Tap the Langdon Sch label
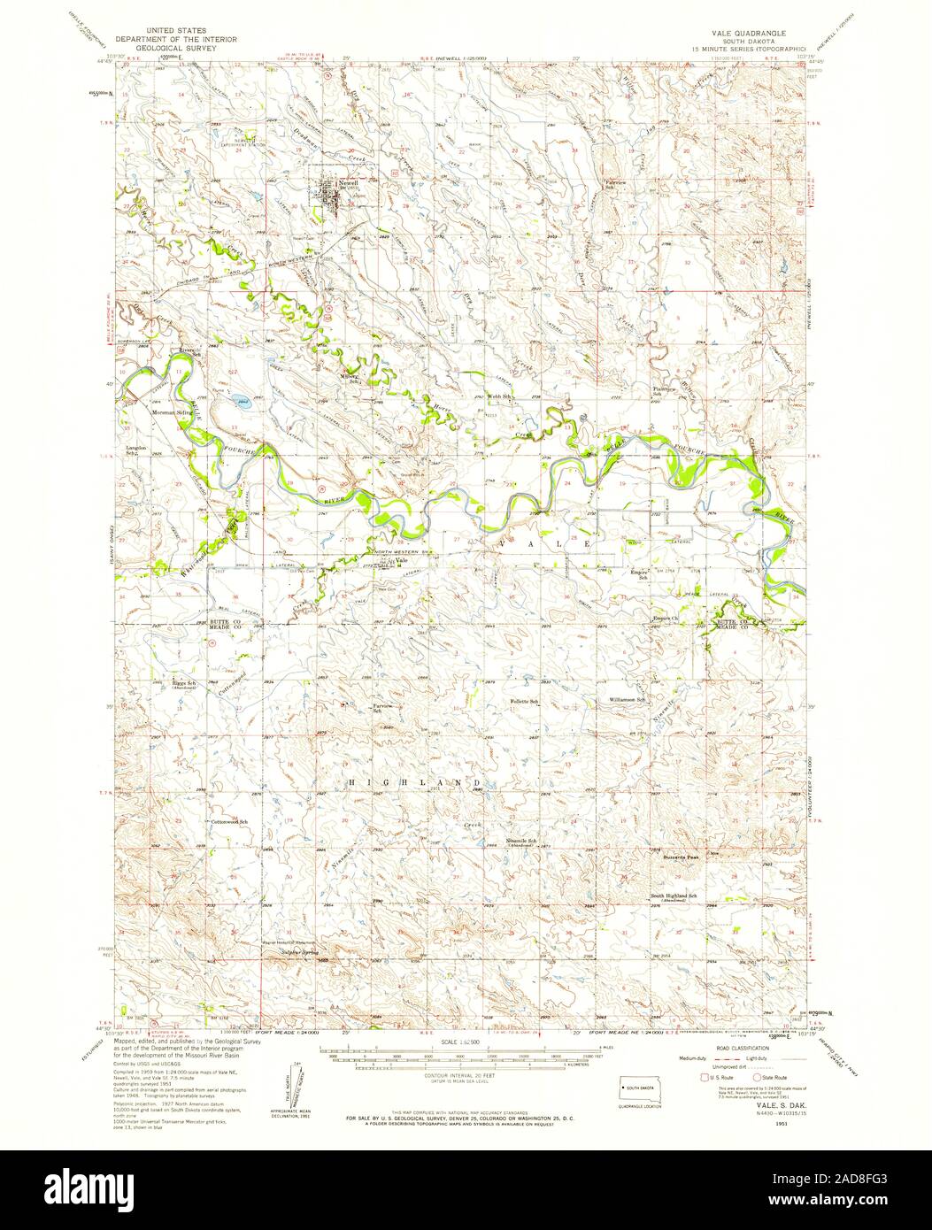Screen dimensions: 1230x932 point(131,453)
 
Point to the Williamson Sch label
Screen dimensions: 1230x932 point(628,700)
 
